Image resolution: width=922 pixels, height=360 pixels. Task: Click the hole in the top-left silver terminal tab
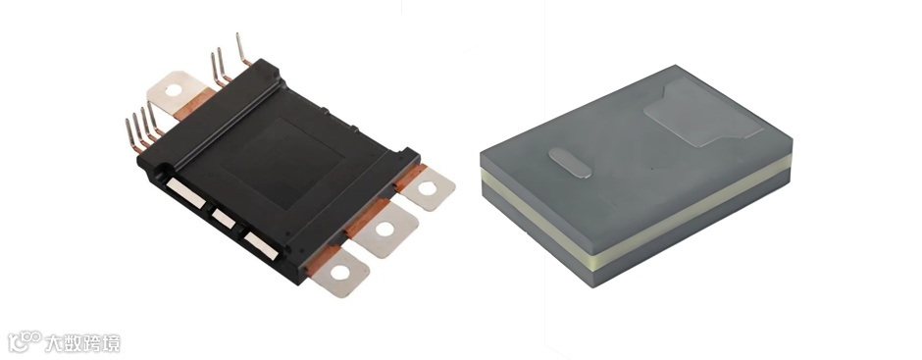coord(174,90)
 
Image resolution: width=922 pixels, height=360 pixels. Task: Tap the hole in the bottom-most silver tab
coord(340,273)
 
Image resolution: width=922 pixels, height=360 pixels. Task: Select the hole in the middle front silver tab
coord(385,229)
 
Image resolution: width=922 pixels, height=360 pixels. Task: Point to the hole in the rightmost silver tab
coord(427,188)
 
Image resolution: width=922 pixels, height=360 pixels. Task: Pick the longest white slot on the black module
coord(185,193)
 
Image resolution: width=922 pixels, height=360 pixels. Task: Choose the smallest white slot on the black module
coord(224,218)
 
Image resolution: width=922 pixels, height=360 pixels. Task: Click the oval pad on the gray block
coord(570,163)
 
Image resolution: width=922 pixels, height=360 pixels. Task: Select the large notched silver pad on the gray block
coord(702,113)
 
